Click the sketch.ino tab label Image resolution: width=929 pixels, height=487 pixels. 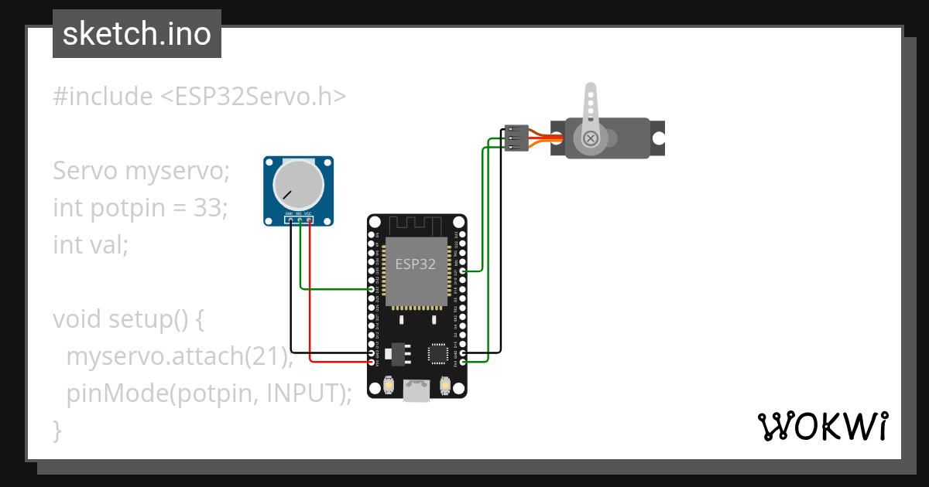tap(137, 34)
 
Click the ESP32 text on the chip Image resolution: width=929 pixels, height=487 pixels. tap(416, 264)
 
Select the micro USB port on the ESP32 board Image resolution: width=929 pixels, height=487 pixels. tap(417, 391)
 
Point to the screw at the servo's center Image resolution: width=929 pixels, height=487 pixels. tap(591, 138)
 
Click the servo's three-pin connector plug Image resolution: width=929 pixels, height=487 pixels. tap(516, 138)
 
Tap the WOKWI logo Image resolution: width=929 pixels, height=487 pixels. tap(822, 427)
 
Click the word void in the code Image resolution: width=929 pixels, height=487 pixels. tap(77, 319)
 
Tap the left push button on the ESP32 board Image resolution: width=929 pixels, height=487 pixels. tap(389, 384)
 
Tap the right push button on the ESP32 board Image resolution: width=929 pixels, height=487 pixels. tap(445, 384)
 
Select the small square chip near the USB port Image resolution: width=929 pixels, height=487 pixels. tap(438, 354)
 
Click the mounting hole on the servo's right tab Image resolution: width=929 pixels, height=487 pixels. tap(657, 138)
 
